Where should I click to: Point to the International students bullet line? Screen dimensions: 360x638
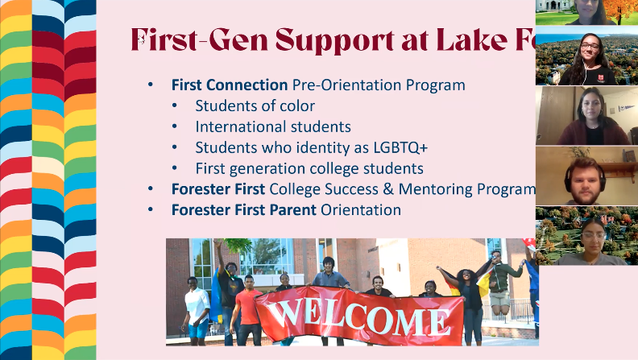pos(272,126)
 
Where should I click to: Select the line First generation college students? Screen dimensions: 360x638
pos(309,168)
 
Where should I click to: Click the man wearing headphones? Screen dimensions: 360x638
pos(582,178)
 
